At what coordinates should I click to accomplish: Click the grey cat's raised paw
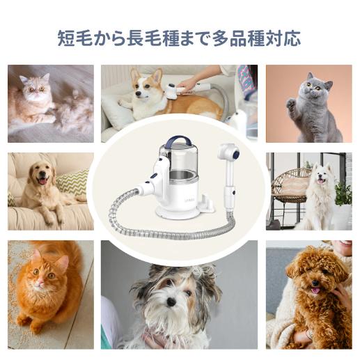click(x=291, y=103)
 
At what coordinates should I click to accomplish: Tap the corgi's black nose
click(x=138, y=93)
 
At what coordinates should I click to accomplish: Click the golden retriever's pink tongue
click(x=42, y=180)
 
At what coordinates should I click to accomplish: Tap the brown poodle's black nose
click(x=315, y=283)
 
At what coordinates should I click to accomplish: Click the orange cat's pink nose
click(x=41, y=283)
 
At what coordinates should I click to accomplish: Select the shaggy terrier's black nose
click(x=171, y=302)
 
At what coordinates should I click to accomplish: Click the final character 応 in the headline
click(x=292, y=38)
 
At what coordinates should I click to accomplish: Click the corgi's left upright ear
click(x=134, y=74)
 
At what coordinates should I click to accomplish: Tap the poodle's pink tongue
click(x=315, y=290)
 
